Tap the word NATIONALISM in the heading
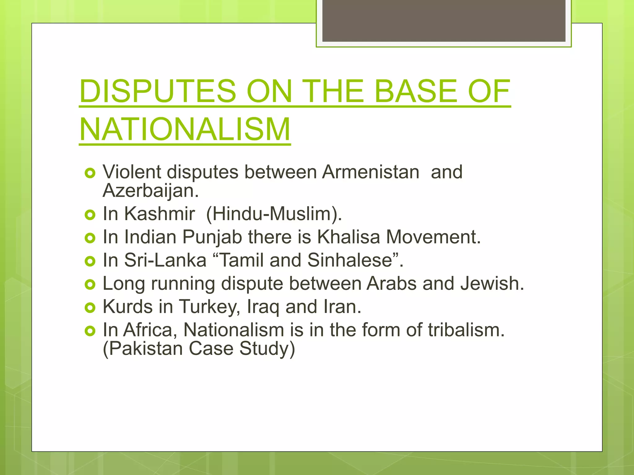[x=185, y=129]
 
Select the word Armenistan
[x=371, y=172]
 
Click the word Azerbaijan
[x=150, y=191]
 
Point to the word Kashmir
[x=159, y=214]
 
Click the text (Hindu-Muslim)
[x=274, y=214]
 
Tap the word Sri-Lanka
[x=165, y=260]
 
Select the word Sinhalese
[x=353, y=260]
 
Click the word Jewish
[x=492, y=283]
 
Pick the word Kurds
[x=128, y=306]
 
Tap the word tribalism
[x=466, y=330]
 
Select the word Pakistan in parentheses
[x=145, y=349]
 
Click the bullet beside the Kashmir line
[x=90, y=215]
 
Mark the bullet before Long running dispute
[x=90, y=284]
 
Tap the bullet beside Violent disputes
[x=90, y=173]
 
